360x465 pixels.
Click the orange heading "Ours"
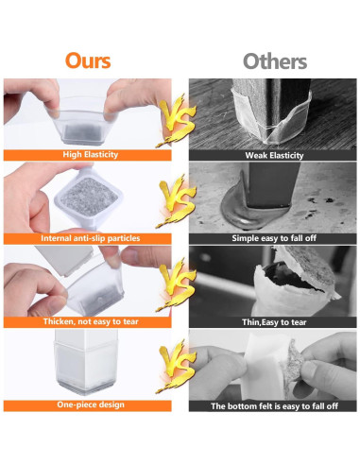click(x=88, y=60)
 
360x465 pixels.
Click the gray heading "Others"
click(x=274, y=60)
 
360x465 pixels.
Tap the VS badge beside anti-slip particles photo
click(x=180, y=198)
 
